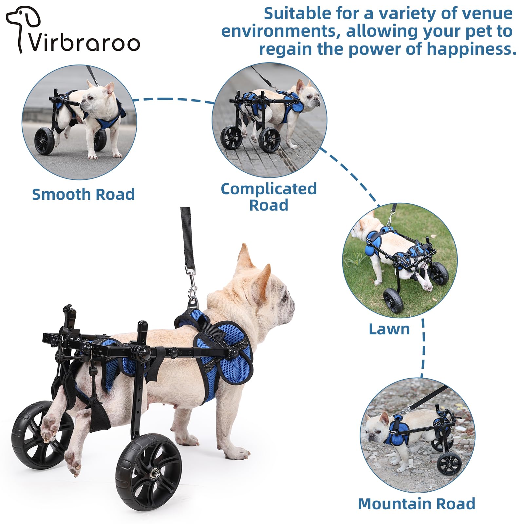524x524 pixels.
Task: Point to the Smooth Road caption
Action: point(83,194)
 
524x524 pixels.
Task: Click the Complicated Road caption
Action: point(269,197)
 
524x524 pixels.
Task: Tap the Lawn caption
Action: point(389,329)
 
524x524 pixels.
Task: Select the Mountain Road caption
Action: point(417,504)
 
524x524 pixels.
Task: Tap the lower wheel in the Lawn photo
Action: point(393,301)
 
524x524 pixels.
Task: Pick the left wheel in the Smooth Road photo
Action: point(45,141)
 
